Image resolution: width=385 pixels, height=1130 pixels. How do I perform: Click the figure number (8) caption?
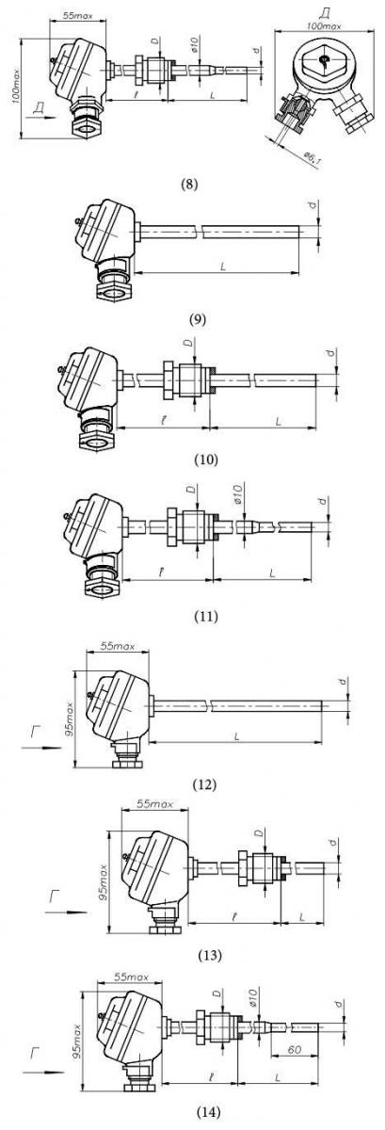point(189,184)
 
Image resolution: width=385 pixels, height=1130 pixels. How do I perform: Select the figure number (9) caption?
point(198,319)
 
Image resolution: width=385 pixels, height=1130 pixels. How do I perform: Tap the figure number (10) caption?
point(206,460)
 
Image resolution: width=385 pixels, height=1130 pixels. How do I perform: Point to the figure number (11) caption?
point(206,617)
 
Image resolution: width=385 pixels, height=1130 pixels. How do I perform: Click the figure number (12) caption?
point(204,783)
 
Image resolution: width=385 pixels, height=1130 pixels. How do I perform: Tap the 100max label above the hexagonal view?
point(325,25)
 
